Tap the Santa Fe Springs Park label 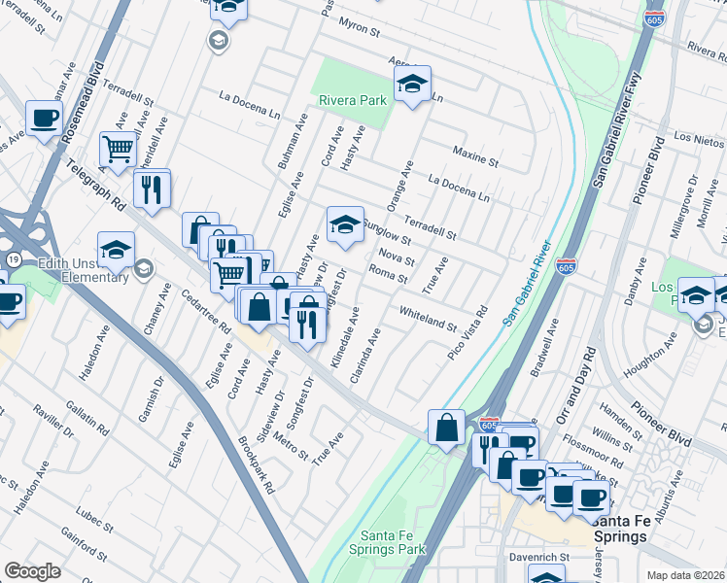[x=393, y=542]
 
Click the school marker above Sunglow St [x=344, y=224]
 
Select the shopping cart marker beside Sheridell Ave [x=118, y=150]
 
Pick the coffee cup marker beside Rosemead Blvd [x=44, y=119]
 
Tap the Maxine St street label [x=476, y=154]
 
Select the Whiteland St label [x=428, y=317]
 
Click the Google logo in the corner [x=32, y=570]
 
